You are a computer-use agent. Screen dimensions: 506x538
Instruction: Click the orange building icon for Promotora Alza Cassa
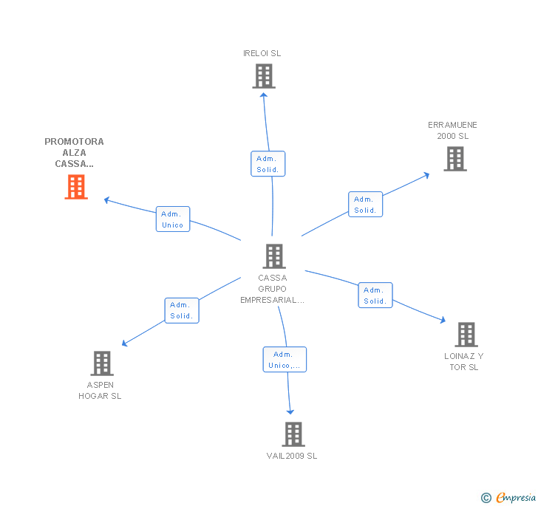pyautogui.click(x=76, y=187)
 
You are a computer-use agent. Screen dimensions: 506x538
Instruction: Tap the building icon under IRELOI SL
pyautogui.click(x=263, y=76)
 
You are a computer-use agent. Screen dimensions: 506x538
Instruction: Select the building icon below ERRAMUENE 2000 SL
pyautogui.click(x=455, y=158)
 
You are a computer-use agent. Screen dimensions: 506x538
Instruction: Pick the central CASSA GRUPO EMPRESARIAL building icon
pyautogui.click(x=274, y=256)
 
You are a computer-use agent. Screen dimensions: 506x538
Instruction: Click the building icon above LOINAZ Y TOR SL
pyautogui.click(x=466, y=335)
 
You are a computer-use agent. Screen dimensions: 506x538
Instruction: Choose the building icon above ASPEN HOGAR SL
pyautogui.click(x=101, y=363)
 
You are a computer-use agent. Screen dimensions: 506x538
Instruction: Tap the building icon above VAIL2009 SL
pyautogui.click(x=293, y=434)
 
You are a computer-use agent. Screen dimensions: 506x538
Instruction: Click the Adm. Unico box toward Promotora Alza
pyautogui.click(x=173, y=219)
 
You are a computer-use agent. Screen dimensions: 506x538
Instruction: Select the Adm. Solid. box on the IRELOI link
pyautogui.click(x=268, y=164)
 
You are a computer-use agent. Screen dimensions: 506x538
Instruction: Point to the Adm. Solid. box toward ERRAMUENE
pyautogui.click(x=365, y=205)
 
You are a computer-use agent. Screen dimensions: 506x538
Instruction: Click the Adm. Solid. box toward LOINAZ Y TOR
pyautogui.click(x=375, y=295)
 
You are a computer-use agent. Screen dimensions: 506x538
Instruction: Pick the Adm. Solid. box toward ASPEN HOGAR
pyautogui.click(x=181, y=310)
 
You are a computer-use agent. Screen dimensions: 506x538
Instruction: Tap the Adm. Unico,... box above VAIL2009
pyautogui.click(x=285, y=360)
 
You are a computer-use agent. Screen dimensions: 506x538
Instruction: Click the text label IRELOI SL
pyautogui.click(x=262, y=53)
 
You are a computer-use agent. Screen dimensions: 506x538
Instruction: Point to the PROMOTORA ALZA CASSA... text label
pyautogui.click(x=75, y=152)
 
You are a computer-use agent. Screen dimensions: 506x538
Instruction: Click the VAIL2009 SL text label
pyautogui.click(x=292, y=456)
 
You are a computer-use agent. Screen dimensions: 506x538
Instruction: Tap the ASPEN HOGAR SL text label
pyautogui.click(x=101, y=390)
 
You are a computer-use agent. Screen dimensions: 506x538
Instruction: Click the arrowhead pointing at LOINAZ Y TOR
pyautogui.click(x=443, y=321)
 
